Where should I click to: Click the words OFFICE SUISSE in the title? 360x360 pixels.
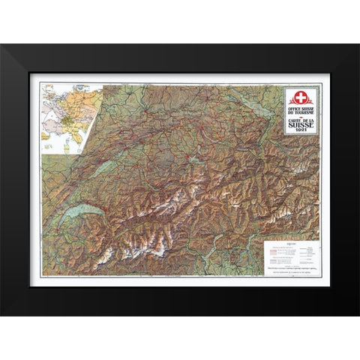tap(301, 109)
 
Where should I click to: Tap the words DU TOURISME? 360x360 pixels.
tap(301, 112)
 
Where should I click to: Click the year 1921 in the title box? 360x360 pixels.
tap(301, 130)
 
